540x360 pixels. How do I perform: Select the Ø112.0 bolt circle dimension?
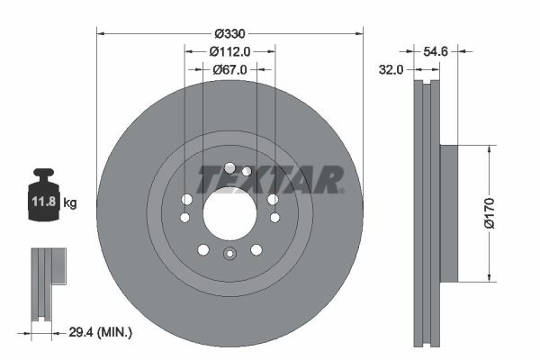tap(229, 51)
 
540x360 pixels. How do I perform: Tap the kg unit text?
tap(70, 203)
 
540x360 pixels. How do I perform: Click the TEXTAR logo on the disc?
tap(270, 180)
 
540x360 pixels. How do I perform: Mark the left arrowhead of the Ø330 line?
tap(100, 33)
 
